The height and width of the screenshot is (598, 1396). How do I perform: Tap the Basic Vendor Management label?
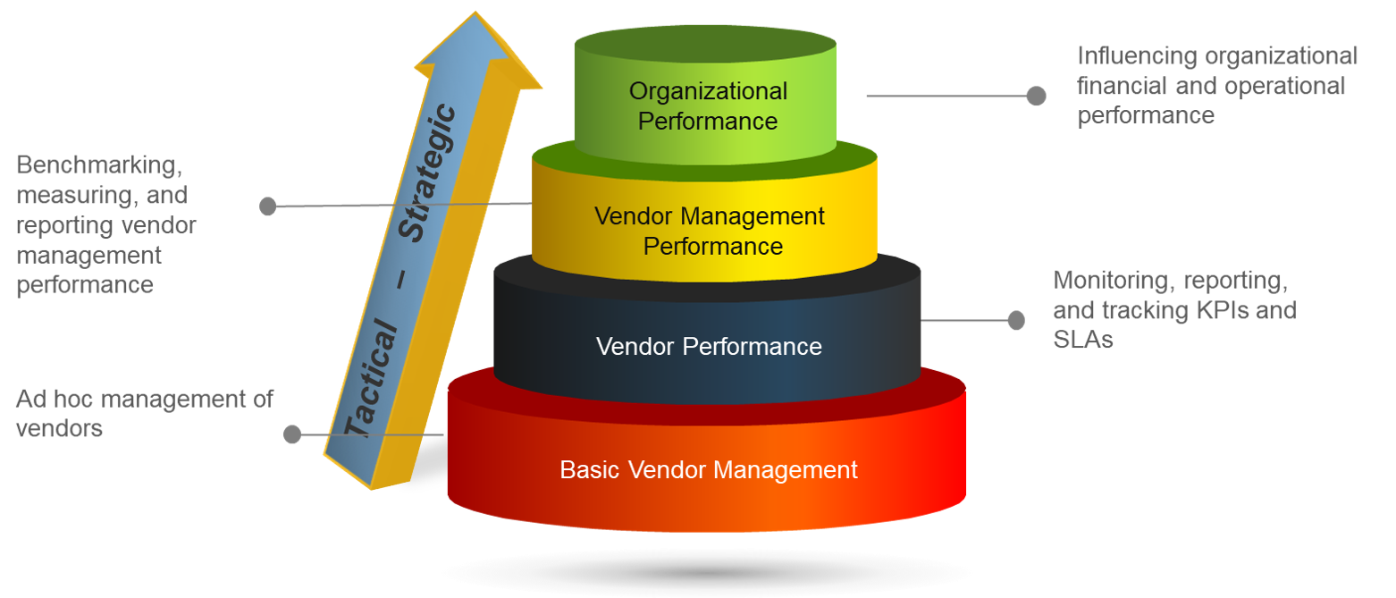(x=709, y=469)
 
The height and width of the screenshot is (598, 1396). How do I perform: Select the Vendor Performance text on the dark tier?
(x=709, y=347)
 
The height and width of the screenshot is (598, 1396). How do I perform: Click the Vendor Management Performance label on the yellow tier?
(x=710, y=231)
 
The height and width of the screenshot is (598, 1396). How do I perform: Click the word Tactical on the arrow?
(x=372, y=381)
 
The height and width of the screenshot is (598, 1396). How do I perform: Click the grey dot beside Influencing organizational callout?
(x=1036, y=96)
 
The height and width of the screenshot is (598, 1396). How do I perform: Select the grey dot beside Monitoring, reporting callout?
(x=1016, y=320)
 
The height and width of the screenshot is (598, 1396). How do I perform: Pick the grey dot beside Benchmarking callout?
(x=268, y=206)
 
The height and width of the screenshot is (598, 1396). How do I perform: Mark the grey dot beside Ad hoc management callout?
(x=291, y=434)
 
